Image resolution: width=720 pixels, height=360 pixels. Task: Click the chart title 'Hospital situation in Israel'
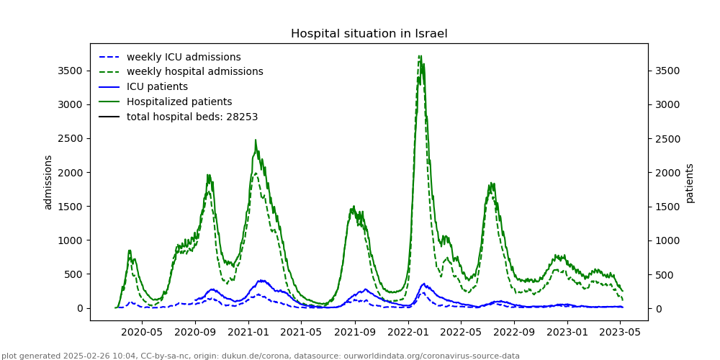point(369,34)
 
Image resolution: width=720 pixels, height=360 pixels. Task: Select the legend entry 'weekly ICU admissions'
point(184,57)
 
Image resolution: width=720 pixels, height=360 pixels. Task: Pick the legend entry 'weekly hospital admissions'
point(194,72)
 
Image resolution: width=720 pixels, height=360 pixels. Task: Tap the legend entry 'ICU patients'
point(157,87)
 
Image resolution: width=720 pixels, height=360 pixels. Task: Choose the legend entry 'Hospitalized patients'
point(179,102)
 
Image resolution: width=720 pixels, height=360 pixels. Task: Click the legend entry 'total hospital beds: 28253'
point(192,117)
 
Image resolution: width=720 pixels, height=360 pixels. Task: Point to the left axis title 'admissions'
point(48,182)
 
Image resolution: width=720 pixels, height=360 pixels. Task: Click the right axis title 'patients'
point(690,183)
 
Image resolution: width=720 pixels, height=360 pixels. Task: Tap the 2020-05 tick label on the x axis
point(142,333)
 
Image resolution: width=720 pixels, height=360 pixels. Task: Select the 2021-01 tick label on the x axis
point(248,333)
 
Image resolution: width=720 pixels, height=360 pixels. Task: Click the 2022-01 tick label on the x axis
point(408,333)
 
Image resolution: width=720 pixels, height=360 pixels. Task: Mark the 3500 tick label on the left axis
point(70,71)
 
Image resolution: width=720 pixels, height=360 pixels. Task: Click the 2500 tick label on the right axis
point(667,138)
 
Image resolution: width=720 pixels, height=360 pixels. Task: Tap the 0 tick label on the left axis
point(78,308)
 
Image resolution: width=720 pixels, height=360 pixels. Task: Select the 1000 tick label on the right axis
point(667,240)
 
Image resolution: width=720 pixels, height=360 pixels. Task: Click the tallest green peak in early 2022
point(420,55)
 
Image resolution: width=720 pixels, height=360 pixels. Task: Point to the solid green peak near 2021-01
point(256,140)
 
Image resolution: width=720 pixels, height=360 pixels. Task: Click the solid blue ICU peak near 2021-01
point(260,281)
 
